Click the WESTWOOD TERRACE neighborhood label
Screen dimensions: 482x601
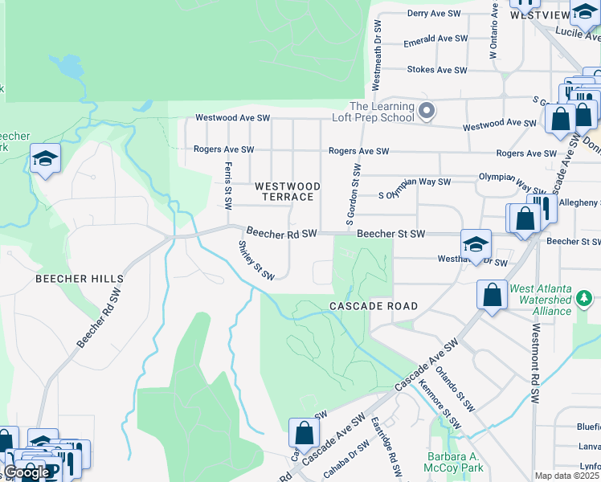287,191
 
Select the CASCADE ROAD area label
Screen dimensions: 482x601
374,306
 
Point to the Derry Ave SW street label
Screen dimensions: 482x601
437,14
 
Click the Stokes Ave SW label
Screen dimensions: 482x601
437,70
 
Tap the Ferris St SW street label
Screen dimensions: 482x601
227,187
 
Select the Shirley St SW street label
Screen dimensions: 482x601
256,260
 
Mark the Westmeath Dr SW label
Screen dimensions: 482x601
377,54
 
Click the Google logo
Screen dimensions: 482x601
26,472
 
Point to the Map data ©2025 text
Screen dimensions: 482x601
566,476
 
